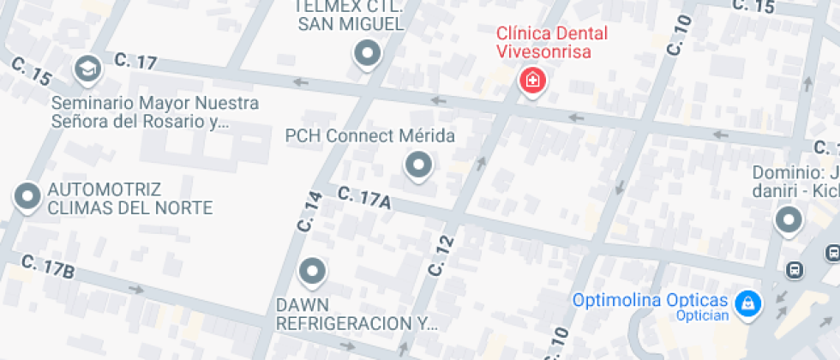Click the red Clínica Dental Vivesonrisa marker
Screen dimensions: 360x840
[532, 81]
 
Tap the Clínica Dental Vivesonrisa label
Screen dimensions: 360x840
[552, 43]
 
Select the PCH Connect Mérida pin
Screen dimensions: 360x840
[418, 164]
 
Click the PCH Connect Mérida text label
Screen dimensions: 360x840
[369, 136]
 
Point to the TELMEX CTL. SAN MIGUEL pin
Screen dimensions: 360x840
[368, 54]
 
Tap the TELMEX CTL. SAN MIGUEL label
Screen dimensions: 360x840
[350, 15]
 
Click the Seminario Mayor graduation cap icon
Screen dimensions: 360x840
[87, 68]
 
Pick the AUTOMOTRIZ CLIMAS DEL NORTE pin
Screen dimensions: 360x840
[28, 196]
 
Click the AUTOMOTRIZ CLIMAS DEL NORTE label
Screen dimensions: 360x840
[129, 198]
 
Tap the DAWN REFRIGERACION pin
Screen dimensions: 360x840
[313, 272]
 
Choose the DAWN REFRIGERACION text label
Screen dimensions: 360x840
[356, 315]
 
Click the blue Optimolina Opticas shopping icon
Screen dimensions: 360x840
[749, 302]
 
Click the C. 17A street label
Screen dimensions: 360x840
[364, 197]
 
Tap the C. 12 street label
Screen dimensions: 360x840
[441, 255]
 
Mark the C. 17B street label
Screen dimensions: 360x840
[48, 266]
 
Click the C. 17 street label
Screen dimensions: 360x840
[135, 61]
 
